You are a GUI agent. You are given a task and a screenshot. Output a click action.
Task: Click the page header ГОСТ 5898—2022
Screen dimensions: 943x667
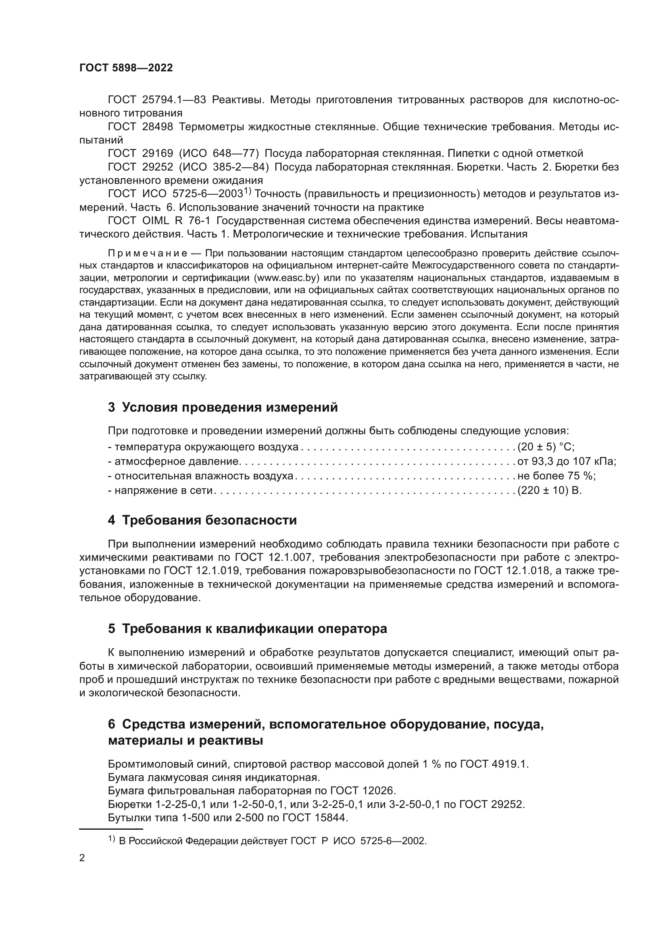126,68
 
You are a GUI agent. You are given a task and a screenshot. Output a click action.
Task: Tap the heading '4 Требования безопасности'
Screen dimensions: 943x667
202,520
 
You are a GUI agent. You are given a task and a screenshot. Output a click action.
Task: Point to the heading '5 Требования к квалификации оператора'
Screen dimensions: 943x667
247,629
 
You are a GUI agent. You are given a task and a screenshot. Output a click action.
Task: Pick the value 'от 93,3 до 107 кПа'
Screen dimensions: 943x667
567,461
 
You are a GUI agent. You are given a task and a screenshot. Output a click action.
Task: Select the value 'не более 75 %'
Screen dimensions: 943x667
557,476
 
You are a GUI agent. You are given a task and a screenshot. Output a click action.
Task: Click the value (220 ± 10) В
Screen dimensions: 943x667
550,490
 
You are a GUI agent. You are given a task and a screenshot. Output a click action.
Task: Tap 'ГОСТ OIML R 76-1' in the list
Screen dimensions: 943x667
159,221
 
